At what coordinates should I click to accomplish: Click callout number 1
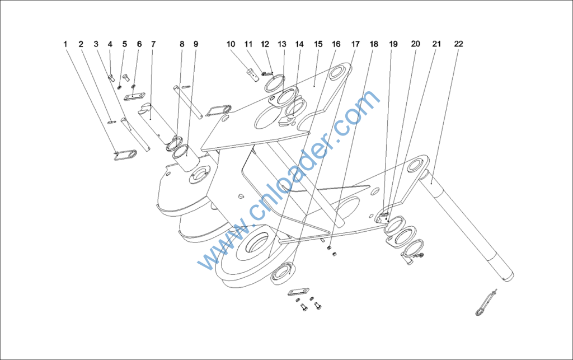(65, 44)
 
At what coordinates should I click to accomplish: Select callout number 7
(153, 44)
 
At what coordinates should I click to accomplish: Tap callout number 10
(231, 44)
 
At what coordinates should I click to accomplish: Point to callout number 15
(318, 44)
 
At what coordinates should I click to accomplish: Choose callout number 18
(374, 44)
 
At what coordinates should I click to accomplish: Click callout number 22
(459, 44)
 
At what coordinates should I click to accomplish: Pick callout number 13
(282, 44)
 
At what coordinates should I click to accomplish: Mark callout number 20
(416, 44)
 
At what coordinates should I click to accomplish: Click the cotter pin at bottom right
(486, 303)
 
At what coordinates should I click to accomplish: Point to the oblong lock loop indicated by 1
(125, 155)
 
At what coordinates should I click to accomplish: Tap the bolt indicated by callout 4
(111, 77)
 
